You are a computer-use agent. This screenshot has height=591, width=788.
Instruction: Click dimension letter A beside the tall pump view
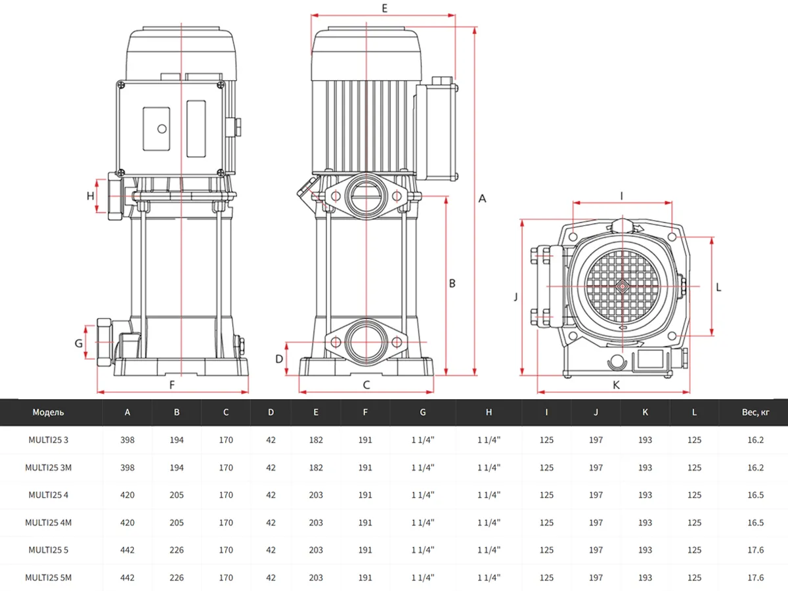click(483, 198)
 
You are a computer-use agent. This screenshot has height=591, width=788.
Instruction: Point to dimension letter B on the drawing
click(452, 284)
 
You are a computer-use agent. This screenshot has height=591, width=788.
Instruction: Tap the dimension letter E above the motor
click(384, 8)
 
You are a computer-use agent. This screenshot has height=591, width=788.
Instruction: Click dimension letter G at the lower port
click(78, 343)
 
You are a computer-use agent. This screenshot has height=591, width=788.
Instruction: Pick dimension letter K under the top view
click(616, 385)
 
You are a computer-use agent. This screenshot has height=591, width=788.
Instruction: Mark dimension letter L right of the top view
click(719, 286)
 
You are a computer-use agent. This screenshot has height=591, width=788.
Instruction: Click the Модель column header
click(48, 412)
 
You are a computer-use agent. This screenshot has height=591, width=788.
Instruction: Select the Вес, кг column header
click(753, 412)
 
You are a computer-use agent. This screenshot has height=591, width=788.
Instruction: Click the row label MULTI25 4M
click(48, 523)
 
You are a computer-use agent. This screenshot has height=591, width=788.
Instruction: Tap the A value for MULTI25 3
click(127, 440)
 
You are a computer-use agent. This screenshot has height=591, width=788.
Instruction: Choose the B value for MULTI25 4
click(177, 495)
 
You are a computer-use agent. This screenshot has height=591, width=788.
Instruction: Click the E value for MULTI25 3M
click(316, 468)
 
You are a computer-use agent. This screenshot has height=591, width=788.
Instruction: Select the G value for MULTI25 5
click(423, 550)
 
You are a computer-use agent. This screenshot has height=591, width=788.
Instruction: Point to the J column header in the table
click(596, 412)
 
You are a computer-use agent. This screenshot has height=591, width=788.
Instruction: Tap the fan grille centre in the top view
click(621, 286)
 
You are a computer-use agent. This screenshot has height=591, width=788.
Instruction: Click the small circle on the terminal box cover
click(160, 129)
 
